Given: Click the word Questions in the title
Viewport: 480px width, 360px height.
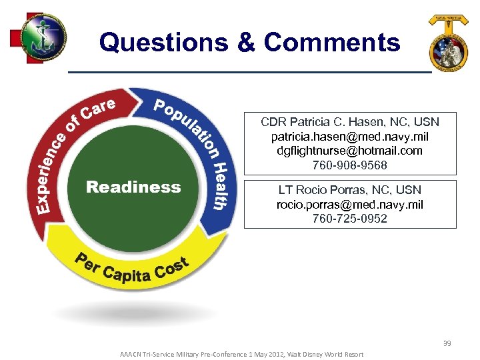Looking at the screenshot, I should click(x=164, y=43).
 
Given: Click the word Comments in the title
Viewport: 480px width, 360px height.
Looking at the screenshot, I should click(x=331, y=43).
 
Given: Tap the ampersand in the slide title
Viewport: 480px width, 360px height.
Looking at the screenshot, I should click(x=245, y=43).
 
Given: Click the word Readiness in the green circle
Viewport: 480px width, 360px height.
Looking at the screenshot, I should click(x=133, y=187).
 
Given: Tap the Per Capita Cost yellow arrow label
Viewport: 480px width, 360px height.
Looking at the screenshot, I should click(x=133, y=270).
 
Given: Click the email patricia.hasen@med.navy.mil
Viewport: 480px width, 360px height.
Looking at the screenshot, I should click(x=350, y=137).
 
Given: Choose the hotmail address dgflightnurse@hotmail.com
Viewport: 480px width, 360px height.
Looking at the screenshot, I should click(x=350, y=151).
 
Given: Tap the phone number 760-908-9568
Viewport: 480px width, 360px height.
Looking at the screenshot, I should click(x=350, y=165).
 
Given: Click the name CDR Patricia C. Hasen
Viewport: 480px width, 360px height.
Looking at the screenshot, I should click(x=333, y=122).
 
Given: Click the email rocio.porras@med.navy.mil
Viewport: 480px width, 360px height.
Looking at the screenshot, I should click(x=350, y=205).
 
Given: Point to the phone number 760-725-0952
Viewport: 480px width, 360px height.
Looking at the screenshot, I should click(x=350, y=219).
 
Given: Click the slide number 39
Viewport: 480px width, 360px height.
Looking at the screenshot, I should click(x=447, y=343).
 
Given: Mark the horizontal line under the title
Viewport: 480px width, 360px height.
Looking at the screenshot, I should click(x=250, y=71).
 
